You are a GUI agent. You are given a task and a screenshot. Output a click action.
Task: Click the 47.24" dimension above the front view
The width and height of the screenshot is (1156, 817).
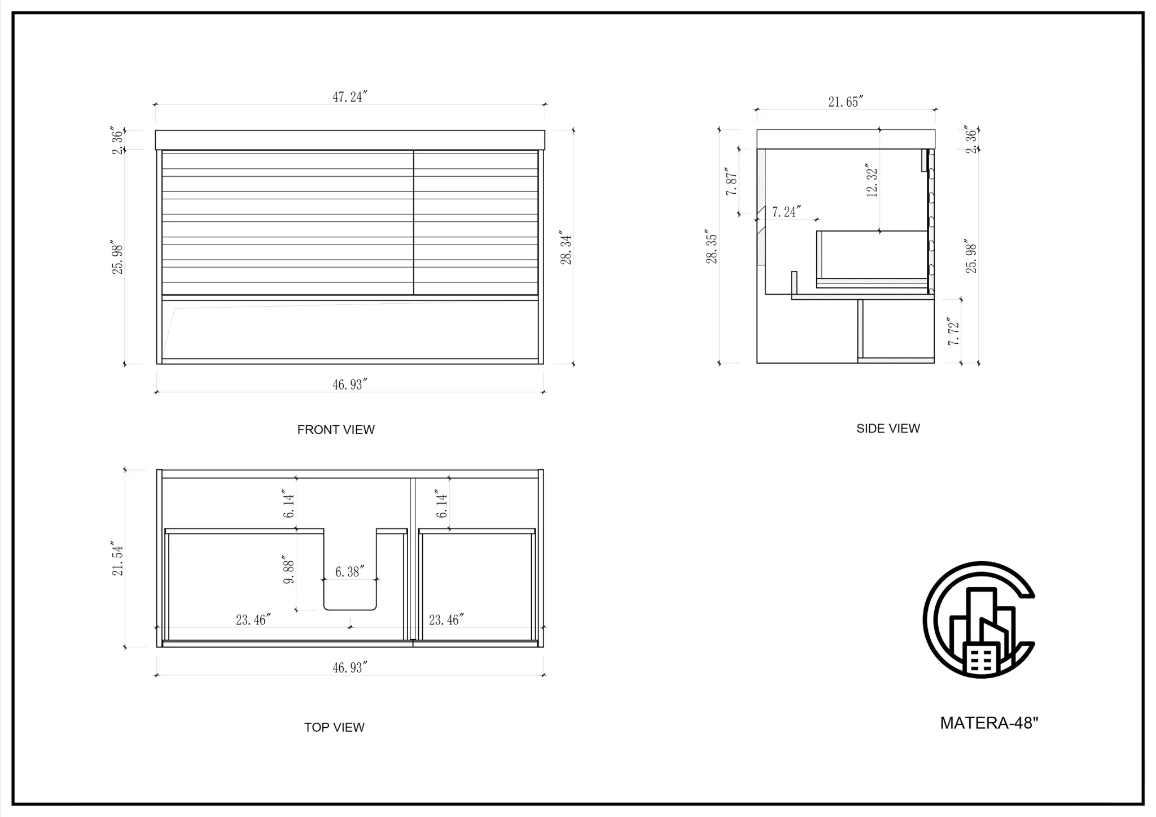coord(350,97)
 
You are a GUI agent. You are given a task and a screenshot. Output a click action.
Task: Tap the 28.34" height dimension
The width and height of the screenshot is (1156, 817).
coord(566,247)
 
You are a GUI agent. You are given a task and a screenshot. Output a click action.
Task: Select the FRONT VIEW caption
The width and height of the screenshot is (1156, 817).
coord(336,430)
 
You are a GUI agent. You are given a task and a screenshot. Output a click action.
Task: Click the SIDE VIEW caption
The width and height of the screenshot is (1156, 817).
coord(888,429)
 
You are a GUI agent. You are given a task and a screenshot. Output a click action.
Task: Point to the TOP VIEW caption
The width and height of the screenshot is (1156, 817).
coord(334,727)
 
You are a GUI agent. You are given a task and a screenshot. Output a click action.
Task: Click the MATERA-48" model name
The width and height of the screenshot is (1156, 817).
coord(989,723)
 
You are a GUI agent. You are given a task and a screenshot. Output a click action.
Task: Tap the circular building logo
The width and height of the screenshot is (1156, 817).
coord(979,620)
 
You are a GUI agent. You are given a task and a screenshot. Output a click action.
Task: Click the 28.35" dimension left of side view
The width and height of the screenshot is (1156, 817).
coord(712,246)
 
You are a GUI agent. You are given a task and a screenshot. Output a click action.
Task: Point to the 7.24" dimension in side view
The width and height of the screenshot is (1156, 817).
coord(786,212)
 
